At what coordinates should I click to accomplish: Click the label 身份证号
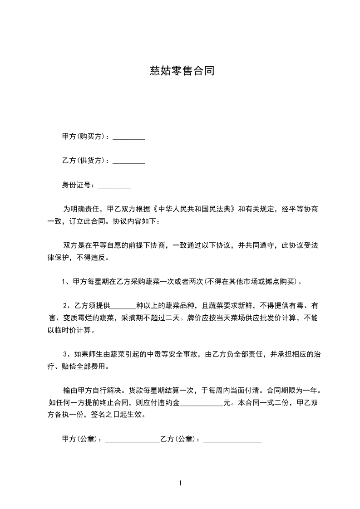point(78,185)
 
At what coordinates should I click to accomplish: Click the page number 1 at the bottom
point(180,483)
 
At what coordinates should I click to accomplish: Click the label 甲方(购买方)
point(84,137)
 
